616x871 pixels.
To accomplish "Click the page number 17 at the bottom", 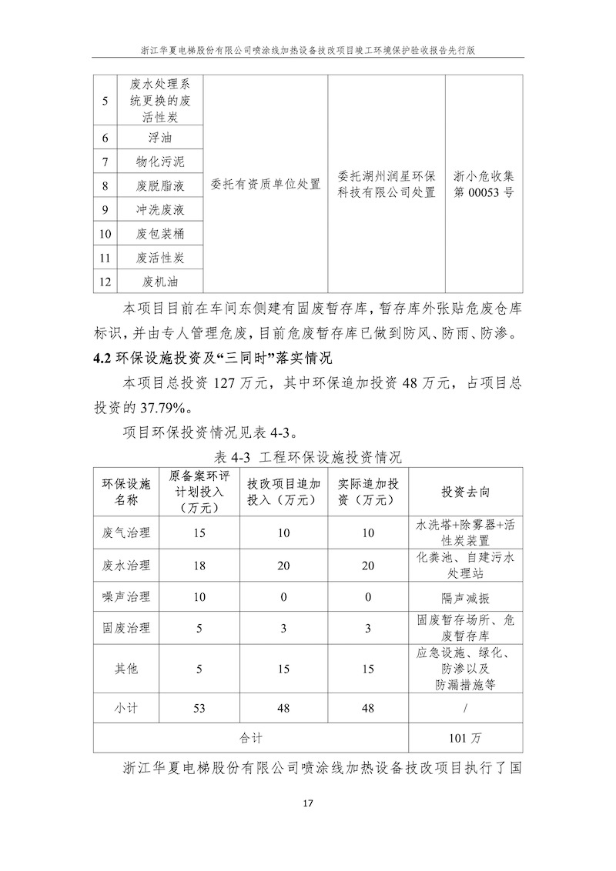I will (x=308, y=803).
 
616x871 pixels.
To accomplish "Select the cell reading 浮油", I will (x=160, y=138).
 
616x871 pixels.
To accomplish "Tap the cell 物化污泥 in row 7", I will (x=160, y=162).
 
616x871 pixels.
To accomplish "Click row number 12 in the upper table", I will (x=105, y=281).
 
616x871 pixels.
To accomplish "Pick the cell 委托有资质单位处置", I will (x=266, y=185).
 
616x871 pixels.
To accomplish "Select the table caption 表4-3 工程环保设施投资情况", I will (x=308, y=457).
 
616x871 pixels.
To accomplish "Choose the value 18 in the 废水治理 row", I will (x=199, y=566).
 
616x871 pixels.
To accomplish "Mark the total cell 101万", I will (x=466, y=738).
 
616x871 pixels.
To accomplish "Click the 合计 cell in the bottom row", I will (x=252, y=738).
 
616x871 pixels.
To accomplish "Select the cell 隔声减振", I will (x=466, y=597).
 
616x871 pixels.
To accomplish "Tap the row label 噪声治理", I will (x=126, y=597).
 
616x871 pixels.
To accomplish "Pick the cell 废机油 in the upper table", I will (x=160, y=281).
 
